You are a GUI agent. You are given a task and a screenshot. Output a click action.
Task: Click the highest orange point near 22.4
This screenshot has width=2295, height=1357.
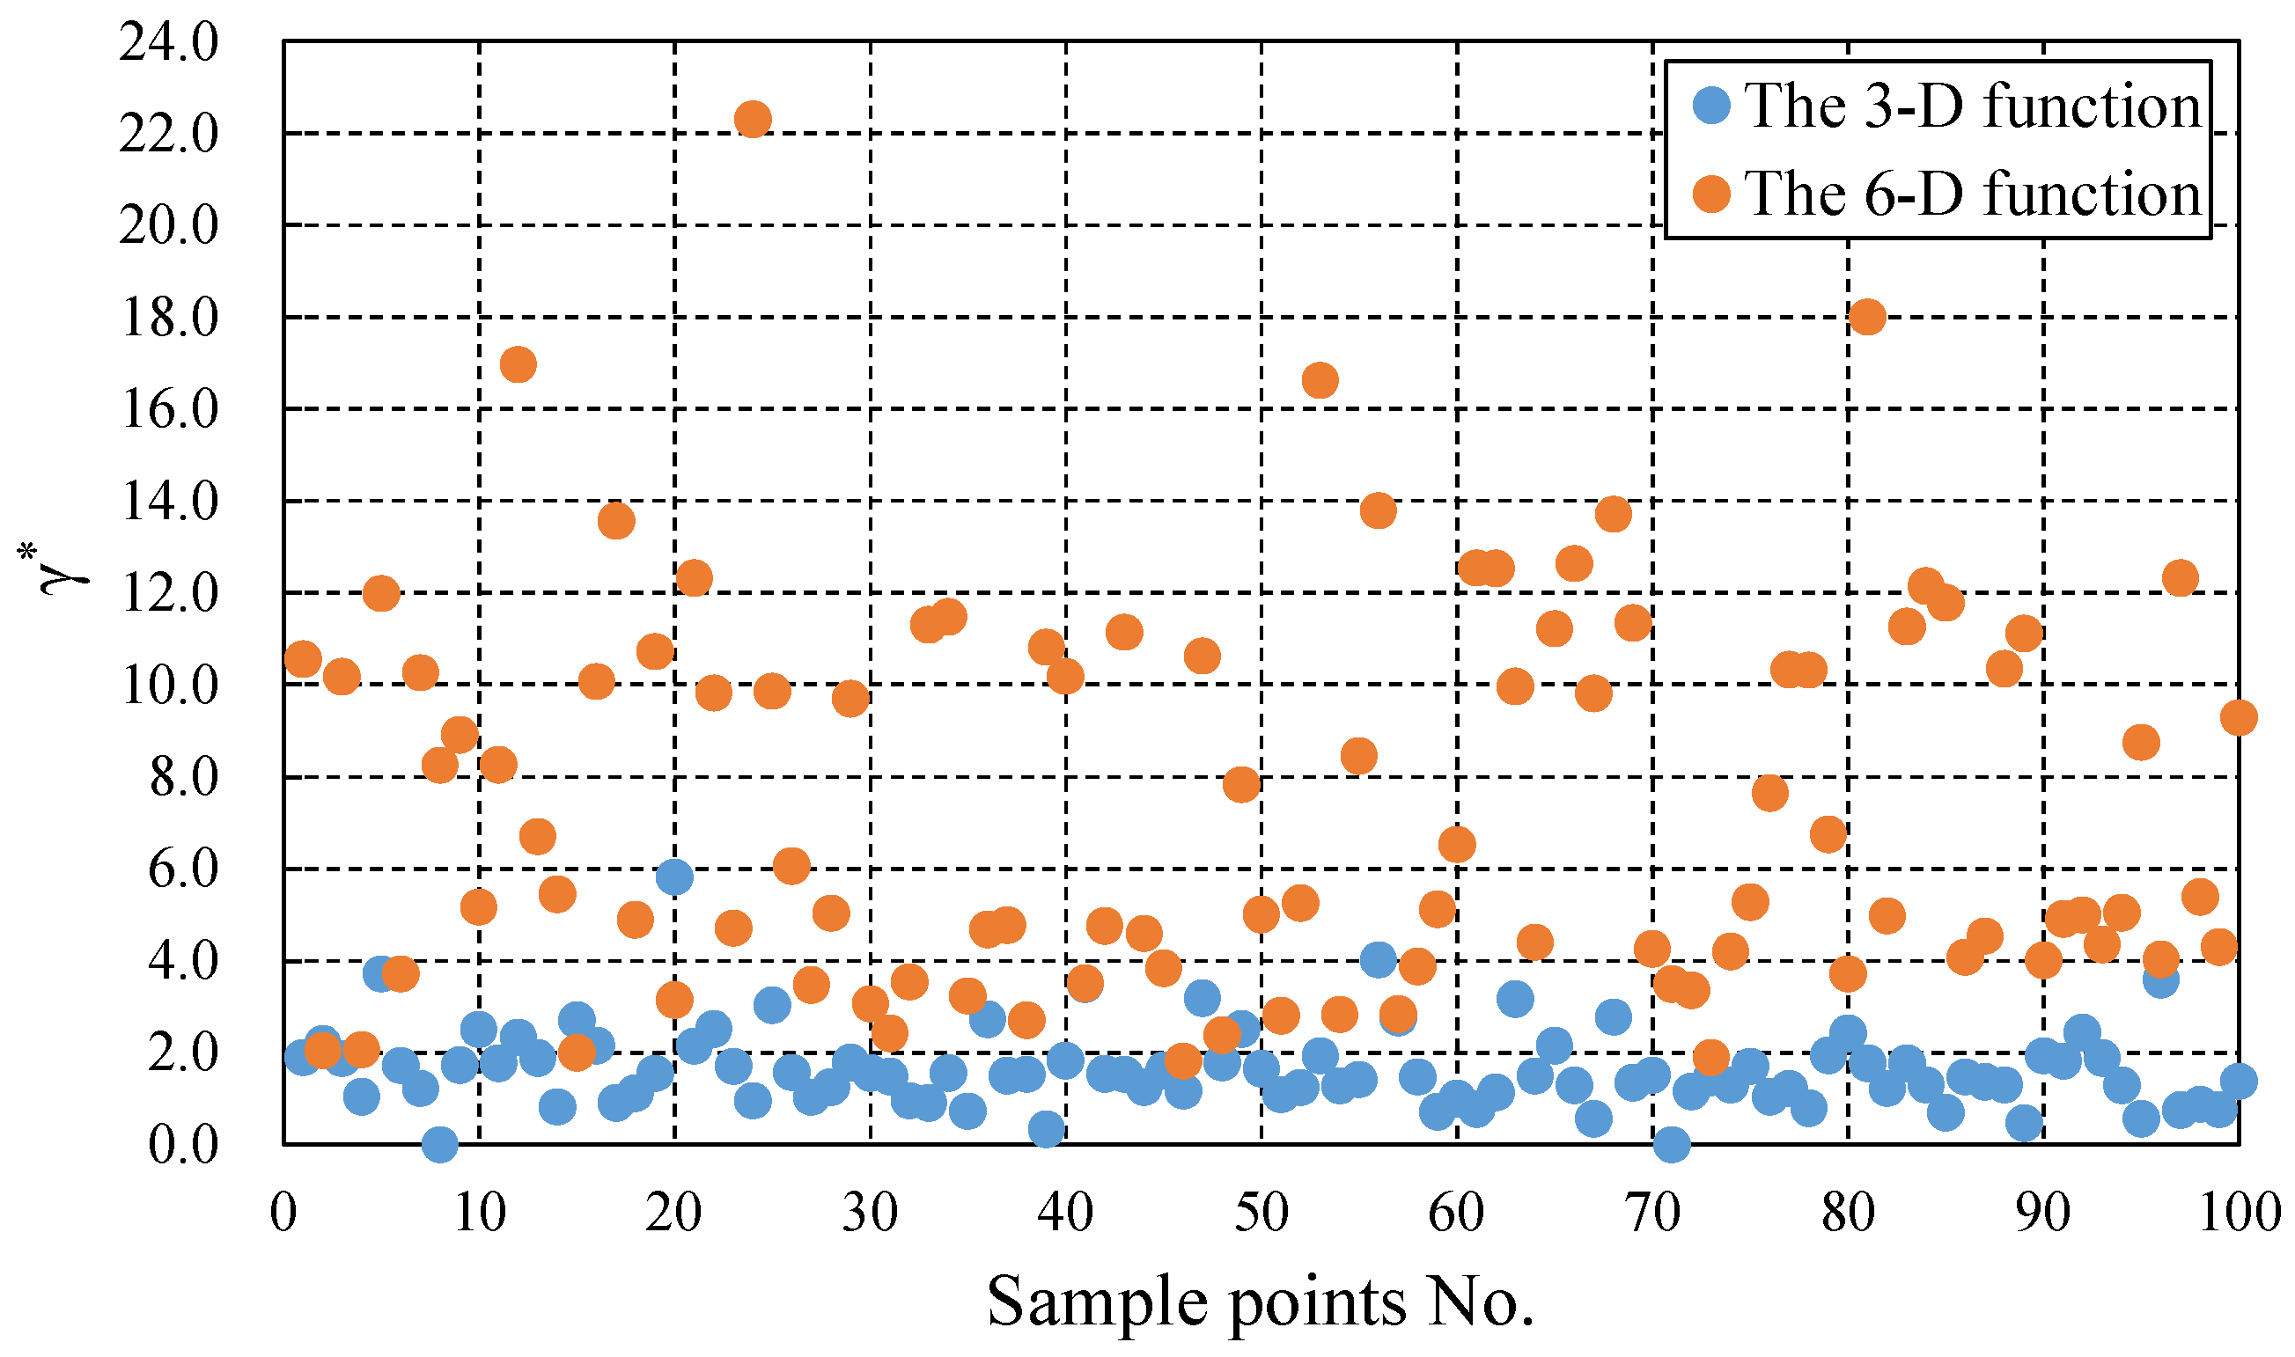coord(753,119)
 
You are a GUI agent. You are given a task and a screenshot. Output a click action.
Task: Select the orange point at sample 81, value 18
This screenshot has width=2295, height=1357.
coord(1867,318)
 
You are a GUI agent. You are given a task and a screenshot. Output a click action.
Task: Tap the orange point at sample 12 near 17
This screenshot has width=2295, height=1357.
coord(518,365)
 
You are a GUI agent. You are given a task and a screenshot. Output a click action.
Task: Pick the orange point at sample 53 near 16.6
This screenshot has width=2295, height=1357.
coord(1320,380)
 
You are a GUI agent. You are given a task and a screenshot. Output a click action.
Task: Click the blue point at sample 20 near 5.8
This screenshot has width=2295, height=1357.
coord(674,877)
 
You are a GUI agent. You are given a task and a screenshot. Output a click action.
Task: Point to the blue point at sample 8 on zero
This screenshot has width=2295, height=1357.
coord(440,1144)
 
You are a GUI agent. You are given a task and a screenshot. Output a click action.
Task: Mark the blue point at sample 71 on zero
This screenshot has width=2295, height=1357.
coord(1672,1144)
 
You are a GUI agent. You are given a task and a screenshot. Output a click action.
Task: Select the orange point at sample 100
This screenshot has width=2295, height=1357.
coord(2239,718)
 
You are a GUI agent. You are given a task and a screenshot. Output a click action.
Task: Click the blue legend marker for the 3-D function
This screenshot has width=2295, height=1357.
coord(1711,106)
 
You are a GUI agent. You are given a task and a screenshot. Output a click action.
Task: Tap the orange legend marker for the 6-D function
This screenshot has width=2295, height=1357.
coord(1711,194)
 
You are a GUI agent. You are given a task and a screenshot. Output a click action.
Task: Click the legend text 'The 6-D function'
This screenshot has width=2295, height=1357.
coord(1973,194)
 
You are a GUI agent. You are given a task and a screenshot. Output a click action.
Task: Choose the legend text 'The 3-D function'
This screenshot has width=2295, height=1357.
coord(1973,106)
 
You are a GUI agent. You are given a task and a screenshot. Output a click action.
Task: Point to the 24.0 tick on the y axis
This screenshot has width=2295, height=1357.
coord(169,42)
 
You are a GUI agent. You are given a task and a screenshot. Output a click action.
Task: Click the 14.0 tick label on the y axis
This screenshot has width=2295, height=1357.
coord(169,502)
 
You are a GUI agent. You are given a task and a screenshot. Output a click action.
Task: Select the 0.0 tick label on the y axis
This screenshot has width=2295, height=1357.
coord(183,1145)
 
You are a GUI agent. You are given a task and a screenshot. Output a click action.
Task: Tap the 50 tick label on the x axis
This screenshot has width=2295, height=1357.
coord(1262,1214)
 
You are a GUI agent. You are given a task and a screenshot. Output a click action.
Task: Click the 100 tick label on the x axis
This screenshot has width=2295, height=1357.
coord(2239,1214)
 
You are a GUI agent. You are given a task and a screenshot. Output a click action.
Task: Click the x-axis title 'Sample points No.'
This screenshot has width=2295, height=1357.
coord(1261,1302)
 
